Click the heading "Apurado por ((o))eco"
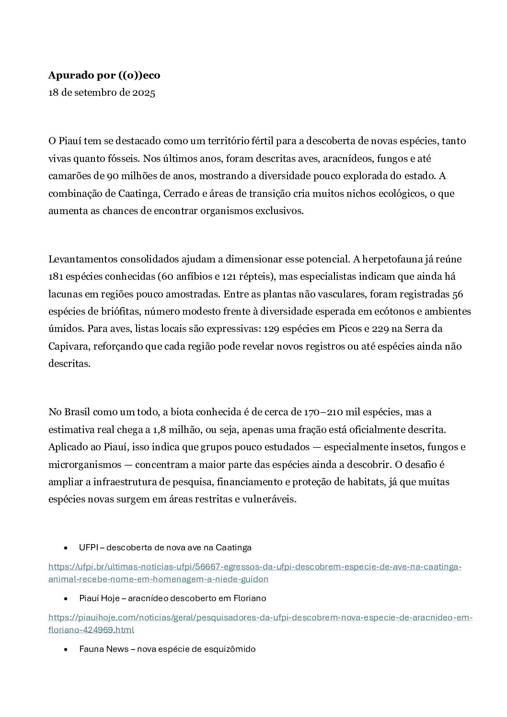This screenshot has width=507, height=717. pos(104,75)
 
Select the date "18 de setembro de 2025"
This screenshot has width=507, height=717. pos(102,93)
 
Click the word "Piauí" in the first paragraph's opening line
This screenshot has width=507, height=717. pos(72,141)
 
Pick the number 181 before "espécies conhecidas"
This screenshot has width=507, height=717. pos(57,277)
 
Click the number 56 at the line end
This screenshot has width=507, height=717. pos(458,294)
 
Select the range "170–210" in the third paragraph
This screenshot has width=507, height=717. pos(321,412)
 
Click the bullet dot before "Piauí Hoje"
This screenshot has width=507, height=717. pos(65,599)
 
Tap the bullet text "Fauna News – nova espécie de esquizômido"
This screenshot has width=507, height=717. pos(167,649)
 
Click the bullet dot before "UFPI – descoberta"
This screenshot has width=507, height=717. pos(65,547)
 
